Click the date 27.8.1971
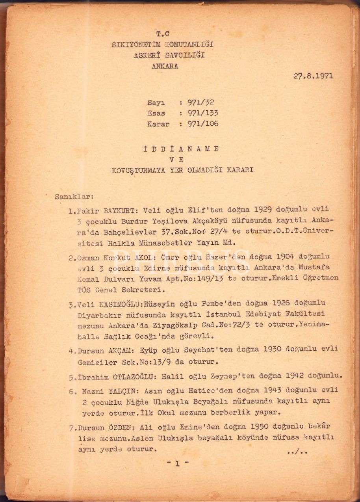(x=313, y=76)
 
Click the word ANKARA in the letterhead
(x=165, y=66)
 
